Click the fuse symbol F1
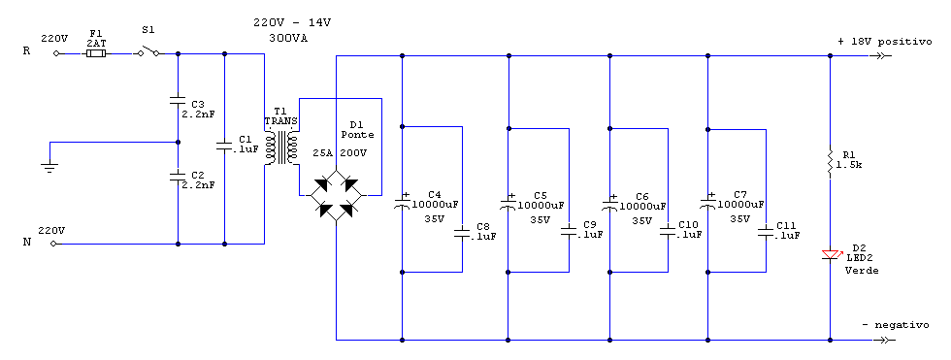pyautogui.click(x=95, y=55)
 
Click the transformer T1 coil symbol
pyautogui.click(x=282, y=148)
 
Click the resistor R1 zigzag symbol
pyautogui.click(x=830, y=161)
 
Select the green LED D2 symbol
pyautogui.click(x=830, y=254)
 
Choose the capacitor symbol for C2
pyautogui.click(x=178, y=176)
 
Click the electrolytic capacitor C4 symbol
pyautogui.click(x=403, y=204)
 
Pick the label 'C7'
pyautogui.click(x=740, y=193)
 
